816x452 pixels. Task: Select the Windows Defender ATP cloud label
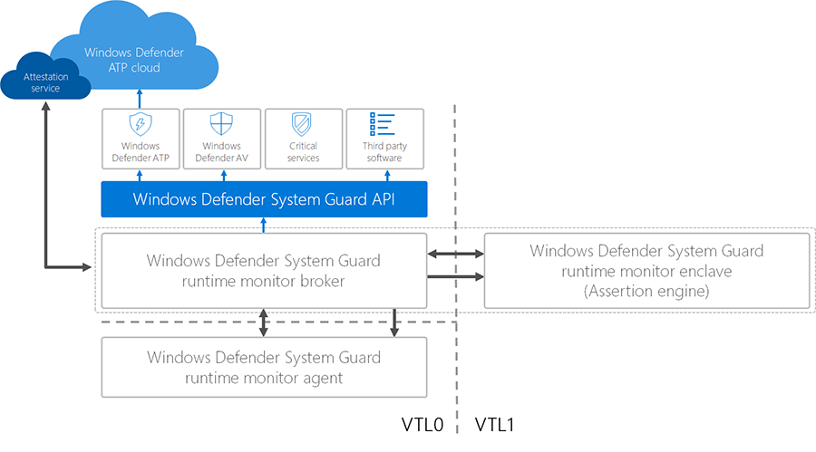coord(134,60)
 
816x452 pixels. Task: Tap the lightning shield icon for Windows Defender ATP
coord(141,124)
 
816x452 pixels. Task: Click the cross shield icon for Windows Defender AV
coord(221,124)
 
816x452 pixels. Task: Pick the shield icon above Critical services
coord(303,124)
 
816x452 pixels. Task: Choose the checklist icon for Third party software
coord(384,124)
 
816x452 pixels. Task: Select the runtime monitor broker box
coord(264,271)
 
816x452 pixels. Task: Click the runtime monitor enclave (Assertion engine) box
coord(646,271)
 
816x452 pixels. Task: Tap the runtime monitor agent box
coord(264,367)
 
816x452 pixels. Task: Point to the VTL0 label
coord(422,424)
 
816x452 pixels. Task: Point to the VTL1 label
coord(495,424)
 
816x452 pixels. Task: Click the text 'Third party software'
coord(384,151)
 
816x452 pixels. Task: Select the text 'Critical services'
coord(303,151)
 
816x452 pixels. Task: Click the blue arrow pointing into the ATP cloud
coord(141,97)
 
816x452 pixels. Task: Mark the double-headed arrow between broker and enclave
coord(455,255)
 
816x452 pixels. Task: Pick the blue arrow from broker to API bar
coord(264,225)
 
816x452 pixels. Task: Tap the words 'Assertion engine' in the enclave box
coord(646,291)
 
